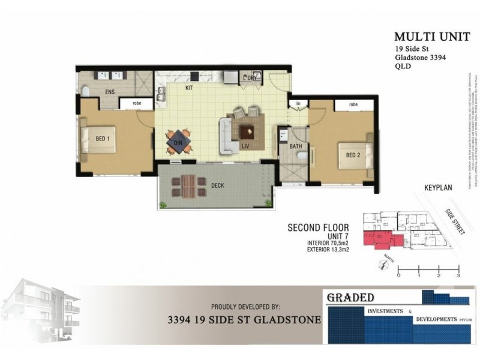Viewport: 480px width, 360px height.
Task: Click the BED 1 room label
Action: point(103,139)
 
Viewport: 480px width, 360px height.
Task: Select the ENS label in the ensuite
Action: point(110,93)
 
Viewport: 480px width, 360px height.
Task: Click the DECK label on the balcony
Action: point(217,185)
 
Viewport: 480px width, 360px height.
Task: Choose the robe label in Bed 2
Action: point(353,104)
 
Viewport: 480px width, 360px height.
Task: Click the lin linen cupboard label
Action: point(297,104)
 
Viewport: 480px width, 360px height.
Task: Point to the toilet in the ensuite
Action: point(85,91)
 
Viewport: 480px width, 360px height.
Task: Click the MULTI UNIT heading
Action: point(424,37)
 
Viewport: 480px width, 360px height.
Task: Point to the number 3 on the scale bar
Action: point(458,275)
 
